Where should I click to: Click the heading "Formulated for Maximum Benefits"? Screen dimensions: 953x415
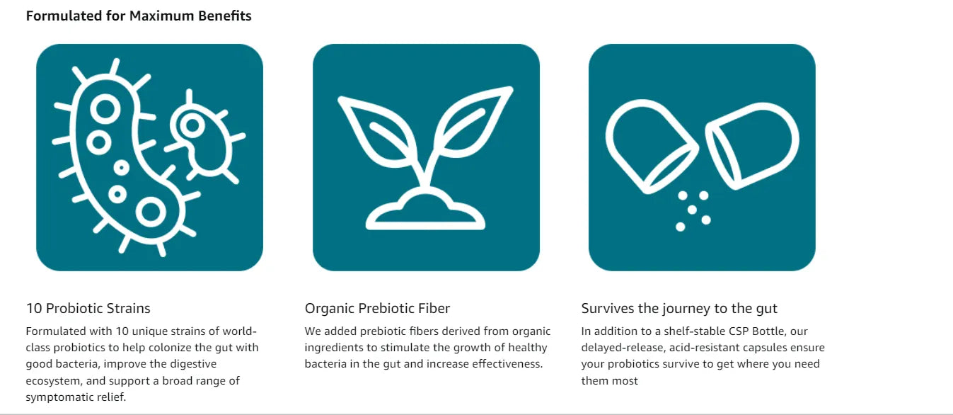coord(139,16)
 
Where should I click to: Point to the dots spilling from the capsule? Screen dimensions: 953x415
coord(693,211)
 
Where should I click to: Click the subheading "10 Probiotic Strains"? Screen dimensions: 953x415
coord(88,308)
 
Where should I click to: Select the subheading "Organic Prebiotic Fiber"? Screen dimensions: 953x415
coord(377,308)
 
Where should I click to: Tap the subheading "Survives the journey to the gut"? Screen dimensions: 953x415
coord(679,308)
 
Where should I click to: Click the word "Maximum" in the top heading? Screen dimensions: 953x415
coord(162,16)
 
